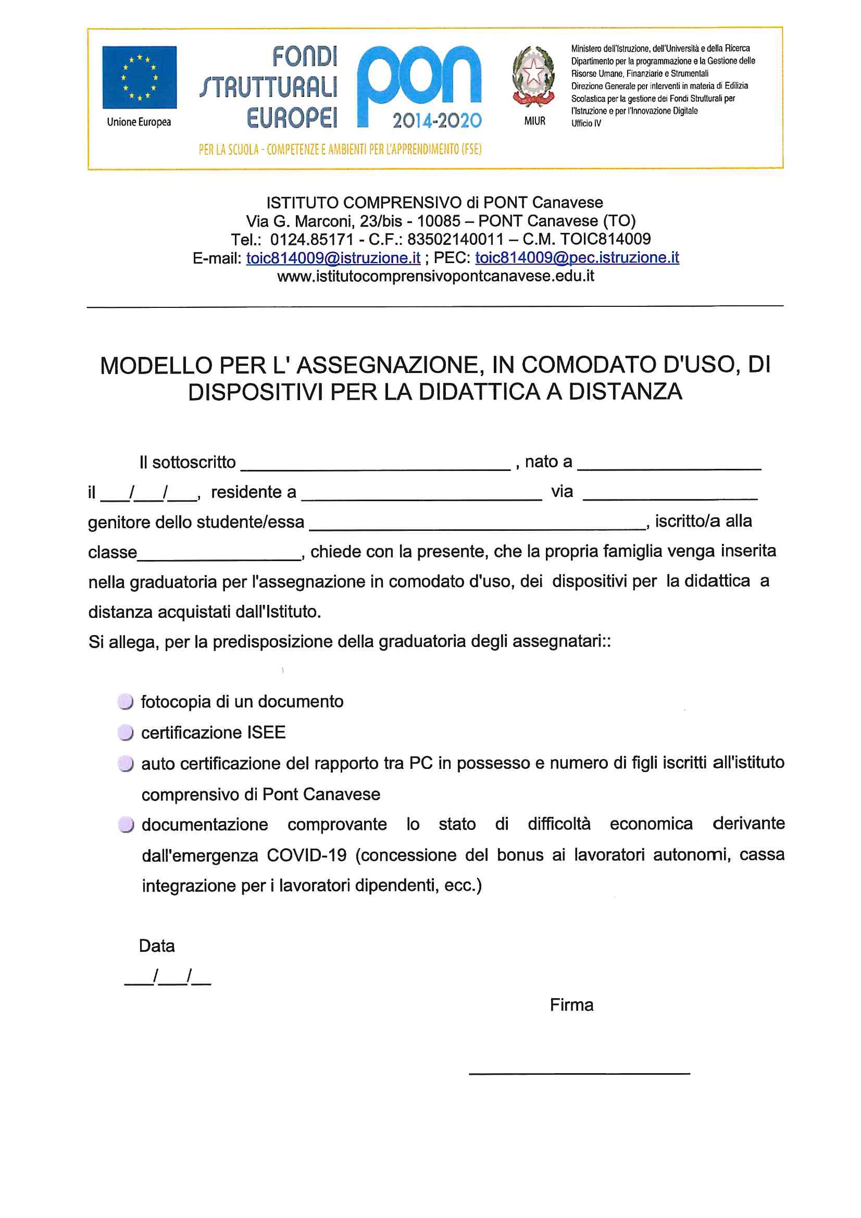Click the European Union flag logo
pos(139,78)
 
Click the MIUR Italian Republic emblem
pos(533,77)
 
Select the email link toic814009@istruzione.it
pos(333,258)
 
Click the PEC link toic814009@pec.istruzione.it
pos(577,258)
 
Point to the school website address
pos(435,277)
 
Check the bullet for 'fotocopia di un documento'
pos(125,702)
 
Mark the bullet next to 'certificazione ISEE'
pos(125,732)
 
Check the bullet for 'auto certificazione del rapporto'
pos(125,764)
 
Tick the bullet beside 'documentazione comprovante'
pos(125,825)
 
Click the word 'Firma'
pos(571,1005)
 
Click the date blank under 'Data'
pos(168,977)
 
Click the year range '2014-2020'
pos(436,121)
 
